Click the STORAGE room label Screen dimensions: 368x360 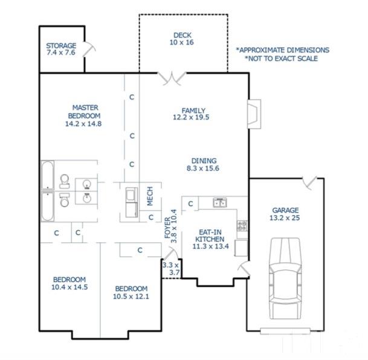61,45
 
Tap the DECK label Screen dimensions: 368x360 182,35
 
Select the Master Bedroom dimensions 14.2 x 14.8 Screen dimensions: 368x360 83,124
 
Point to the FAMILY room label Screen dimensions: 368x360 193,111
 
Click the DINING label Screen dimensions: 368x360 204,161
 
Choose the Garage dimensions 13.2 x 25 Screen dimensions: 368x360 285,218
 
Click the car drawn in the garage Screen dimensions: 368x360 285,278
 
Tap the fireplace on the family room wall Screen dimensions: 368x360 254,114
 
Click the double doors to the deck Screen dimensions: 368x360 172,78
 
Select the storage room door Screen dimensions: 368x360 89,50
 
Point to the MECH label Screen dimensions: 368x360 150,196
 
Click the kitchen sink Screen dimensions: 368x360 220,202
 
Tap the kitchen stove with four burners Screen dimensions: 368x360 242,226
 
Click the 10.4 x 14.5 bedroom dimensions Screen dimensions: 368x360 69,287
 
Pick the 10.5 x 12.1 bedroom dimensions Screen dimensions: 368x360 131,297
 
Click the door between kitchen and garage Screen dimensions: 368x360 244,269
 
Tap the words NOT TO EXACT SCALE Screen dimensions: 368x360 282,59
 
